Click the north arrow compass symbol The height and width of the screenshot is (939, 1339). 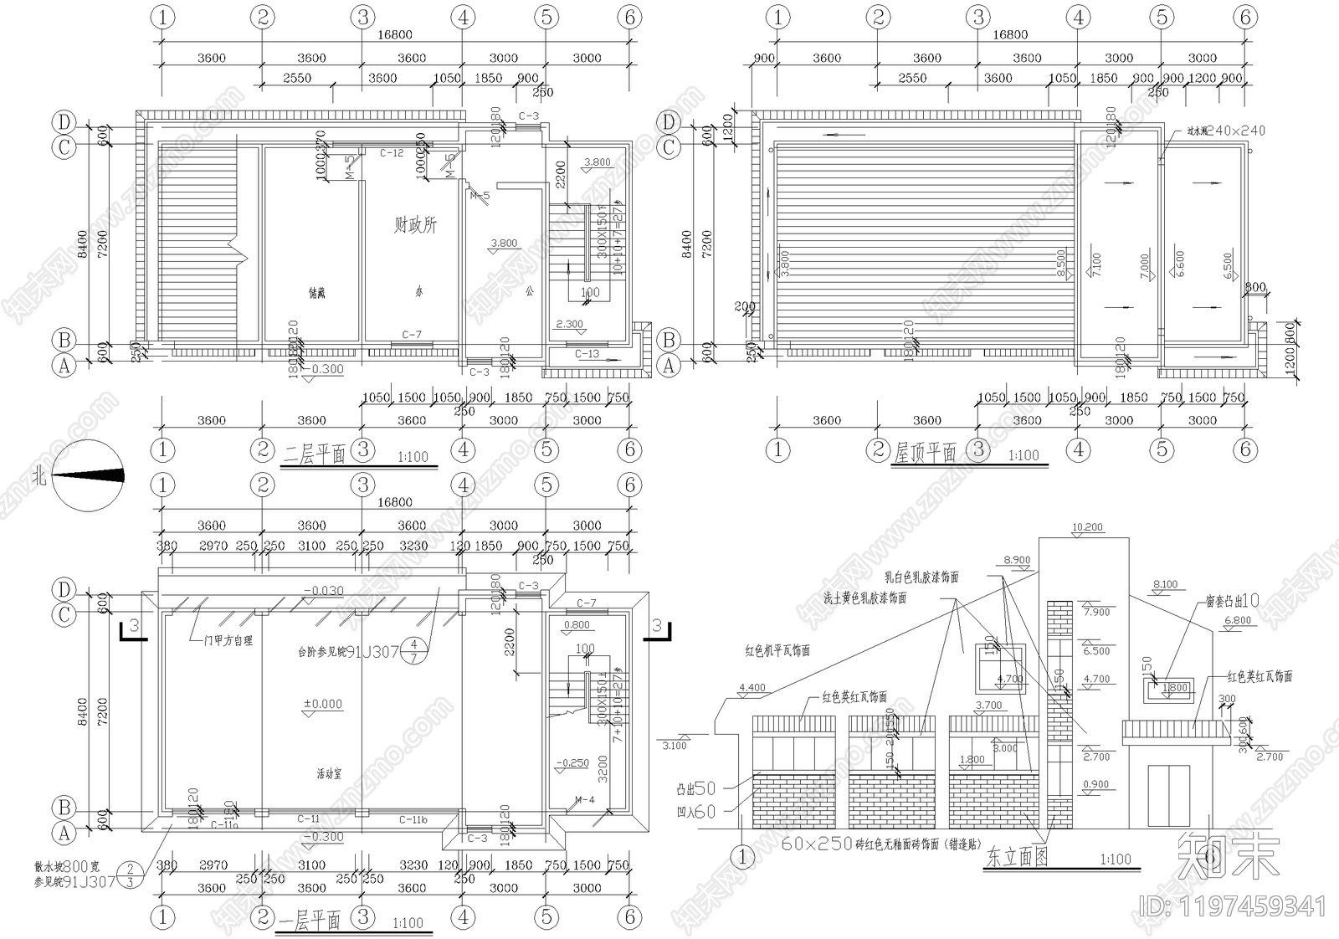pyautogui.click(x=89, y=475)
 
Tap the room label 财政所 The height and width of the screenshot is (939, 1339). pyautogui.click(x=415, y=225)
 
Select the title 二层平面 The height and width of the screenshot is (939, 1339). pyautogui.click(x=315, y=455)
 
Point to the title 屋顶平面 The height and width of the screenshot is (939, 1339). pyautogui.click(x=925, y=454)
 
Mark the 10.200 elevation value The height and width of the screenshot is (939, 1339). pyautogui.click(x=1086, y=527)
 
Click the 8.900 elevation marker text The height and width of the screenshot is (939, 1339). pyautogui.click(x=1017, y=561)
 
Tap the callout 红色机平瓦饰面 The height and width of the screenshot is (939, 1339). pyautogui.click(x=777, y=650)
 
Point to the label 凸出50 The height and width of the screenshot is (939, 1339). pyautogui.click(x=696, y=788)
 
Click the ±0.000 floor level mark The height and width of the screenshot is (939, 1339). pyautogui.click(x=322, y=704)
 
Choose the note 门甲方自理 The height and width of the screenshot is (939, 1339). pyautogui.click(x=222, y=640)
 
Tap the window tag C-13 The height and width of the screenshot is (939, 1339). pyautogui.click(x=587, y=354)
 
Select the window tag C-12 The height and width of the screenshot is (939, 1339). pyautogui.click(x=392, y=153)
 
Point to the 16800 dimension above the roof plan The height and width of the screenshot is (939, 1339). pyautogui.click(x=1010, y=34)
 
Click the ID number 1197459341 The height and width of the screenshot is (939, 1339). pyautogui.click(x=1234, y=906)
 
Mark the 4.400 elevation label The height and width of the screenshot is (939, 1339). pyautogui.click(x=752, y=688)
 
